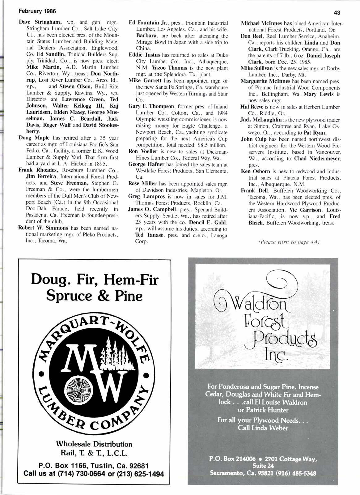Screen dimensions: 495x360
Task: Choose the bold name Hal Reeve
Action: [251, 107]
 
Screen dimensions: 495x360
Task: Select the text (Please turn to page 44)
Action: [288, 242]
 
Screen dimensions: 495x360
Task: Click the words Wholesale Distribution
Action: [94, 444]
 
